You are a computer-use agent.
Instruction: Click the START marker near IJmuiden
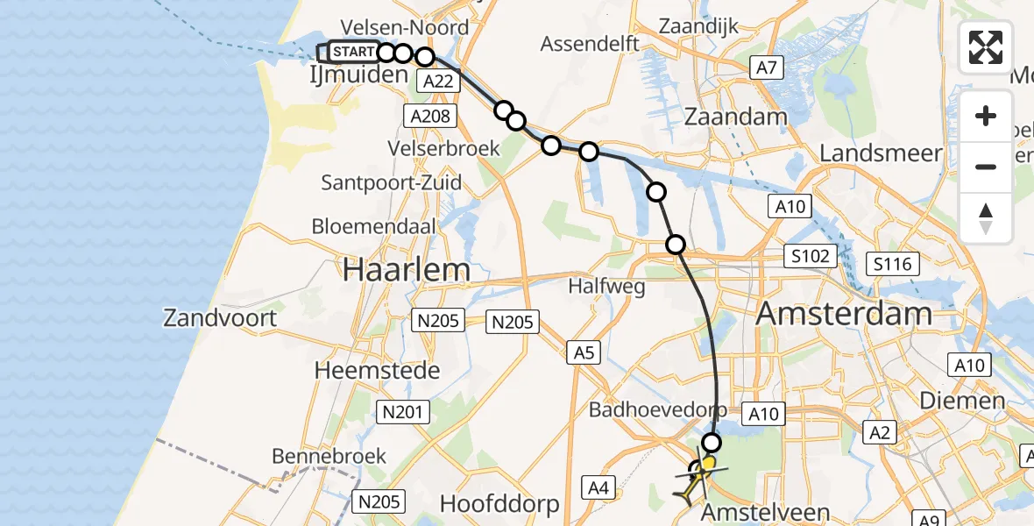[x=353, y=52]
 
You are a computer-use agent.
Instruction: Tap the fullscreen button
[x=986, y=47]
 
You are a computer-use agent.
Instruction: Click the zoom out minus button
[x=986, y=167]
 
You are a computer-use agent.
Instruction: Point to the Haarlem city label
[x=406, y=270]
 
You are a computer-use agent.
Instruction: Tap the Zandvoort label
[x=220, y=316]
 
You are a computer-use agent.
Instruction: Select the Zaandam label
[x=736, y=116]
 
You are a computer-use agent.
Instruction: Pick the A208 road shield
[x=428, y=116]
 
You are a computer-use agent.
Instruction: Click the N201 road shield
[x=402, y=411]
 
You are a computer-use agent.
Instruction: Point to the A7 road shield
[x=766, y=67]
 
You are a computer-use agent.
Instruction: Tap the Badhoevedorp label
[x=657, y=409]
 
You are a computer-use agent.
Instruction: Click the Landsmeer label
[x=881, y=153]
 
